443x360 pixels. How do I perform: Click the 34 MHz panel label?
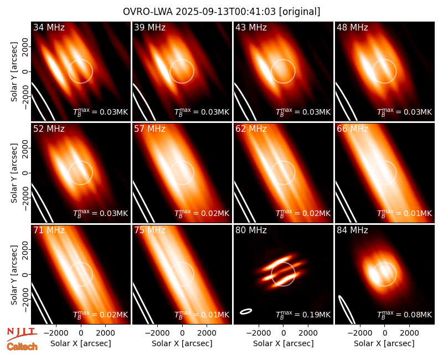[x=49, y=27]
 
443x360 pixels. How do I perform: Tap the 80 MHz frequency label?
[x=251, y=230]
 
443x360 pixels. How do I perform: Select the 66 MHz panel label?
[x=352, y=129]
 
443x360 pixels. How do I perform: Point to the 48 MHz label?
[x=352, y=27]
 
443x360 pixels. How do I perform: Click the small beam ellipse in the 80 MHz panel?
[x=246, y=311]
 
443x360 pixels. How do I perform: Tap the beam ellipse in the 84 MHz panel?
[x=347, y=310]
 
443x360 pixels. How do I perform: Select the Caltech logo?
[x=22, y=347]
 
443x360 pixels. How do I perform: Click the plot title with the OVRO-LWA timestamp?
[x=221, y=12]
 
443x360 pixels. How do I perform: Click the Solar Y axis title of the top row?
[x=14, y=72]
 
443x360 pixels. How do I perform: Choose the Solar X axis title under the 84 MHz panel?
[x=384, y=343]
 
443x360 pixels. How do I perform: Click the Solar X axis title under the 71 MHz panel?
[x=81, y=343]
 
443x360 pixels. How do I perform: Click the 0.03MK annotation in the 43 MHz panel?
[x=303, y=112]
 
